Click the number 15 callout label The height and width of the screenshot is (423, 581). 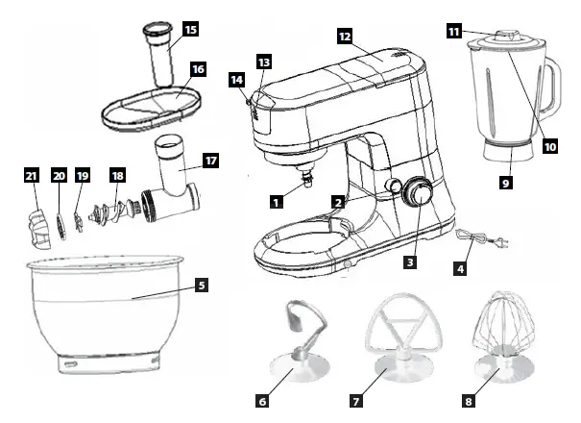coord(191,31)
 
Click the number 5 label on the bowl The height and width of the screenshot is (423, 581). coord(201,285)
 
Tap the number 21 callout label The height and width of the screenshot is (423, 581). coord(31,175)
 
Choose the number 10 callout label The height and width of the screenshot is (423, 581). coord(550,146)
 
